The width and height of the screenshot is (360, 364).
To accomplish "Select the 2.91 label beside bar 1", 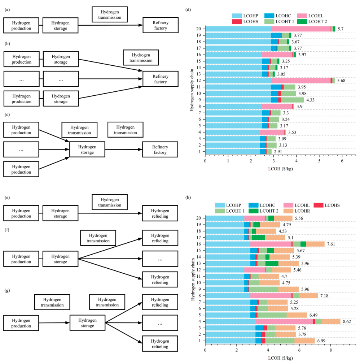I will [278, 152].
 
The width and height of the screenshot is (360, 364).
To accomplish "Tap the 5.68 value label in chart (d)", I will [341, 81].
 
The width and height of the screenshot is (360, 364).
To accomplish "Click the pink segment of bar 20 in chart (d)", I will [301, 29].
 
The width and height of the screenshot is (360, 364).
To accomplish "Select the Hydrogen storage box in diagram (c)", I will [87, 149].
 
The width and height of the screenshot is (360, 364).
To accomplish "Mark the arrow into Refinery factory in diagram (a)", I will [137, 25].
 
